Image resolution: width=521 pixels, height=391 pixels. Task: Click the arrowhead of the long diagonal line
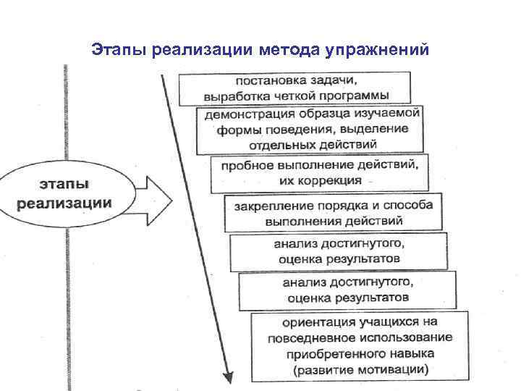coord(228,376)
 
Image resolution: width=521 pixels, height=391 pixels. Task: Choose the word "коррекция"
coord(331,180)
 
